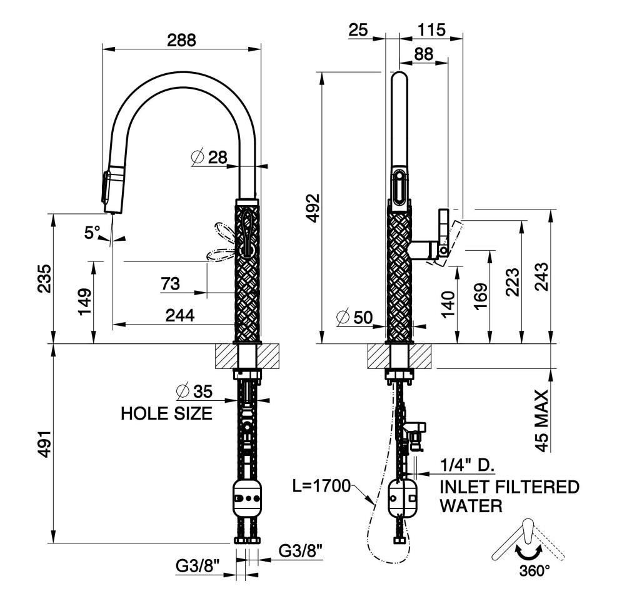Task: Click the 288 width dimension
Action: pos(181,40)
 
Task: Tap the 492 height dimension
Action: pos(314,208)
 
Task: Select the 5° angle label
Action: pos(92,233)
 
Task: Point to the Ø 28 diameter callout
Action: pos(209,157)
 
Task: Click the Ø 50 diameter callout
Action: pos(354,317)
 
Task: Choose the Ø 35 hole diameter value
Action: pos(194,391)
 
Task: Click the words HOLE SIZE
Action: pos(166,413)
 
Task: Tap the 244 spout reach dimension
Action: pos(180,315)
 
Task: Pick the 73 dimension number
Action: pos(170,284)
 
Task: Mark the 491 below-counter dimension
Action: pos(45,443)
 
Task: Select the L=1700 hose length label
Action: pos(321,486)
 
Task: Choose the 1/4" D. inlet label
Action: pos(467,465)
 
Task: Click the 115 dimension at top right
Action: pos(431,30)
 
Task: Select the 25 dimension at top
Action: pos(358,30)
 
